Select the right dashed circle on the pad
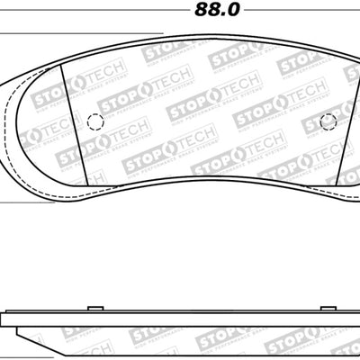328,121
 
